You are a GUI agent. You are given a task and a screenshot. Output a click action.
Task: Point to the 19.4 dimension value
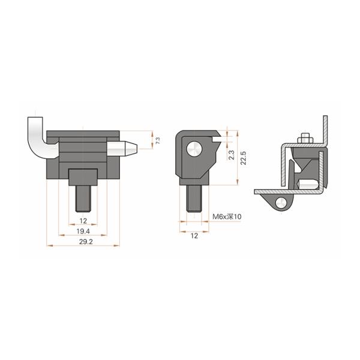[83, 230]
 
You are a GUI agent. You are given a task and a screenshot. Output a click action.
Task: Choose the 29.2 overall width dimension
[83, 241]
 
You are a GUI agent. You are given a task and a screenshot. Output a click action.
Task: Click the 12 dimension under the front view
[83, 220]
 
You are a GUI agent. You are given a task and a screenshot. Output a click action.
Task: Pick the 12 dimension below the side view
[194, 236]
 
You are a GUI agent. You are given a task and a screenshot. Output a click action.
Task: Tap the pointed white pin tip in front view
[131, 146]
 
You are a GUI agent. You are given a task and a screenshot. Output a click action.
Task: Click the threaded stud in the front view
[83, 197]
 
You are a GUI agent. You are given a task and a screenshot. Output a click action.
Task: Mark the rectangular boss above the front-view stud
[83, 178]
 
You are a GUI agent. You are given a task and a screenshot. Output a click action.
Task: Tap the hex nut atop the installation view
[304, 140]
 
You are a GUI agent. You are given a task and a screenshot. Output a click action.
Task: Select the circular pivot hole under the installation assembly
[282, 203]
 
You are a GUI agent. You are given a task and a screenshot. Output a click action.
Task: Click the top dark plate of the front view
[83, 133]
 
